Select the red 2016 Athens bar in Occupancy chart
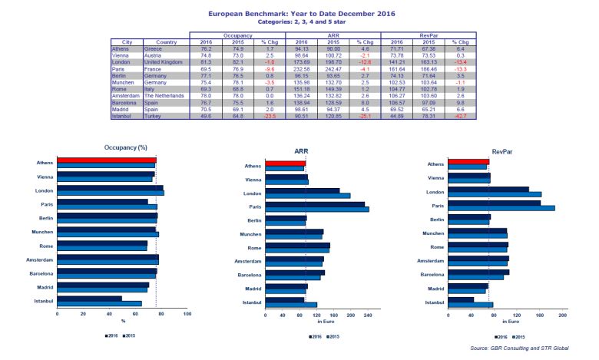point(106,161)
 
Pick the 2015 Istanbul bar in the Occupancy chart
point(99,303)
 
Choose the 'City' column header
point(127,42)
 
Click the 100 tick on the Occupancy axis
point(187,315)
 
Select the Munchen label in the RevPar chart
point(433,233)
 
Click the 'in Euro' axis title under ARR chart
point(325,322)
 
